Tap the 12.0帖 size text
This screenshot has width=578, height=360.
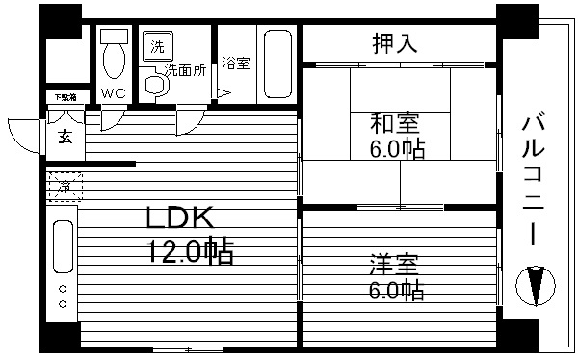tap(190, 253)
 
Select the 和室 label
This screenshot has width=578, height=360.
tap(395, 124)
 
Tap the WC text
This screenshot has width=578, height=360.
tap(114, 93)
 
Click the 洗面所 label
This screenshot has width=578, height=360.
tap(184, 69)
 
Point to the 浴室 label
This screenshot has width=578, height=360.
tap(236, 64)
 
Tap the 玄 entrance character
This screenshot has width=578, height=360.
tap(64, 137)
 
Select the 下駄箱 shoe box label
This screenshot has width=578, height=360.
tap(64, 97)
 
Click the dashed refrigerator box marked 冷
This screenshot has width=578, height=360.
tap(64, 185)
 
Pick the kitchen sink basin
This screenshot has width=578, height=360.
tap(63, 246)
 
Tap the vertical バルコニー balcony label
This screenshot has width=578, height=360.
tap(533, 183)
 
